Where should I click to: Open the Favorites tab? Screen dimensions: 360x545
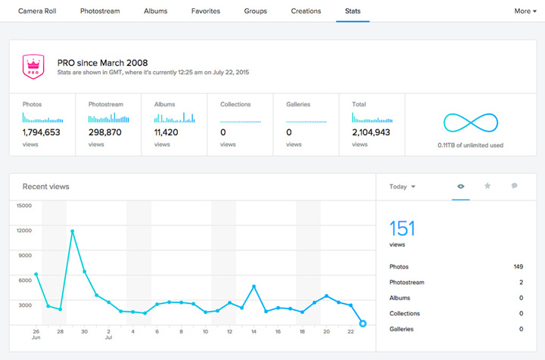(207, 11)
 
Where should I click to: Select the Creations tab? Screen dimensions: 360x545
(306, 11)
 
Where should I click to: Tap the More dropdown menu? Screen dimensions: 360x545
(525, 11)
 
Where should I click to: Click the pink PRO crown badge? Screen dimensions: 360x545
(33, 67)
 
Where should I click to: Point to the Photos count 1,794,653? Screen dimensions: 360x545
(42, 132)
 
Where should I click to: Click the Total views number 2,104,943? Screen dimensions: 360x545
(371, 132)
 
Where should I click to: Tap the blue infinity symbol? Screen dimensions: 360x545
(470, 124)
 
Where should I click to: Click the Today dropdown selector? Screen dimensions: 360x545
(402, 187)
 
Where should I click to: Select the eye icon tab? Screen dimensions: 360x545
(460, 186)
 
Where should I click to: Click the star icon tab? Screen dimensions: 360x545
(487, 186)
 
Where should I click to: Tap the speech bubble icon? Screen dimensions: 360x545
(515, 186)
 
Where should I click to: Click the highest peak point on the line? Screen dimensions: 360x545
(73, 231)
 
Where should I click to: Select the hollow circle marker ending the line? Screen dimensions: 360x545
(363, 324)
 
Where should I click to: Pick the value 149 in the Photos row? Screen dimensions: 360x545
(518, 267)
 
